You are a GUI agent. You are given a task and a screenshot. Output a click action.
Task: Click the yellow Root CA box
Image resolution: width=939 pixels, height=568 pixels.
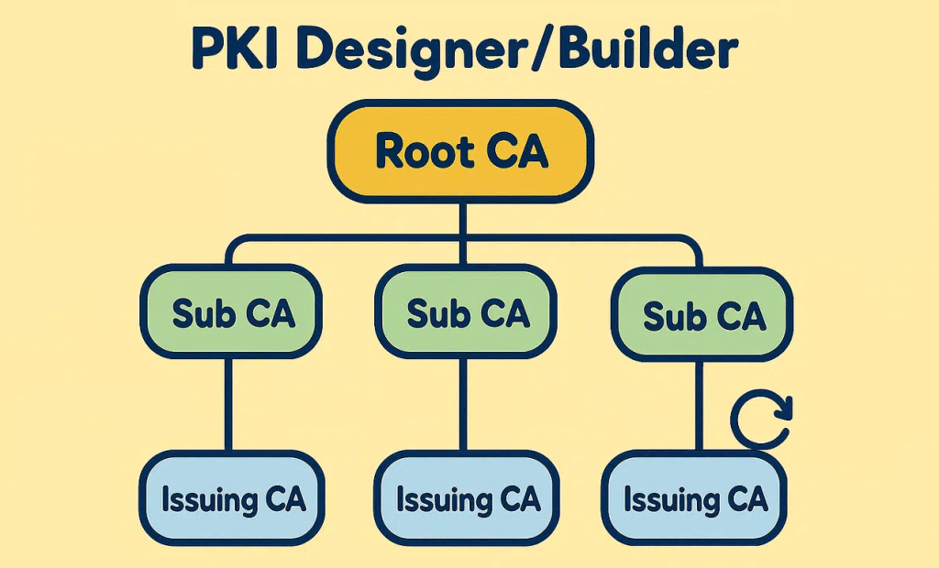pyautogui.click(x=461, y=152)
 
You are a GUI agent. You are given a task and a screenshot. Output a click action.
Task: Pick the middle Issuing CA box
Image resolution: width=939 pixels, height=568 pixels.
pyautogui.click(x=468, y=500)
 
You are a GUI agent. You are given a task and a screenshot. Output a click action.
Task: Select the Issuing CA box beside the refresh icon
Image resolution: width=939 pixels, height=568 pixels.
pyautogui.click(x=694, y=500)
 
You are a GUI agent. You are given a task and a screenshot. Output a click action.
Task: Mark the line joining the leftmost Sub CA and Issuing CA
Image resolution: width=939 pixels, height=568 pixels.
pyautogui.click(x=227, y=403)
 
